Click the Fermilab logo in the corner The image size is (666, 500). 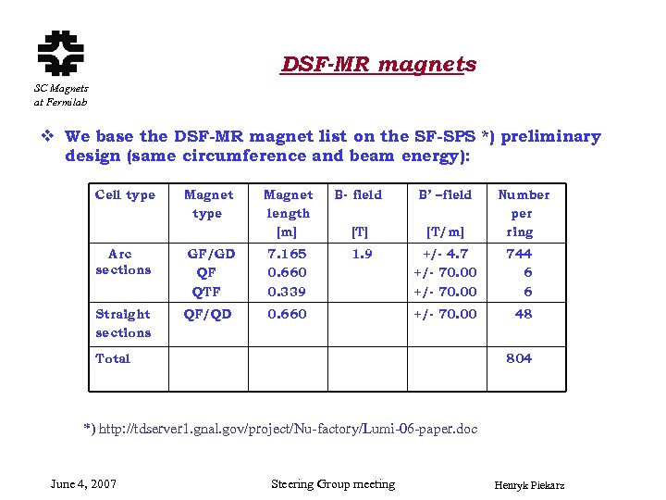(60, 52)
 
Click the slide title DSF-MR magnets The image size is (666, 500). (379, 64)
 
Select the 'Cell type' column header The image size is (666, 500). (125, 194)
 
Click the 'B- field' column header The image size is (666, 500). (358, 194)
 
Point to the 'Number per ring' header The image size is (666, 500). (523, 213)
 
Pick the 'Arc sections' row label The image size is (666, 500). (122, 261)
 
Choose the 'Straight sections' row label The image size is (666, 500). (123, 323)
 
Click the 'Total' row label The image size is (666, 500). (113, 358)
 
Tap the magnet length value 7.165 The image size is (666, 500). (287, 254)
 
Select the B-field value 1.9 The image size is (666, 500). (362, 254)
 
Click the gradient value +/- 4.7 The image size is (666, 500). (446, 254)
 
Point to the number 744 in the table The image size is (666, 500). (519, 254)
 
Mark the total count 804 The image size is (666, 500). (519, 358)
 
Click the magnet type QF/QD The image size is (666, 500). (208, 314)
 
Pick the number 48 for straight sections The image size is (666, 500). (524, 314)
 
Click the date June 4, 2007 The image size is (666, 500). (83, 484)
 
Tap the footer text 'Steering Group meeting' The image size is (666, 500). (333, 484)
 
